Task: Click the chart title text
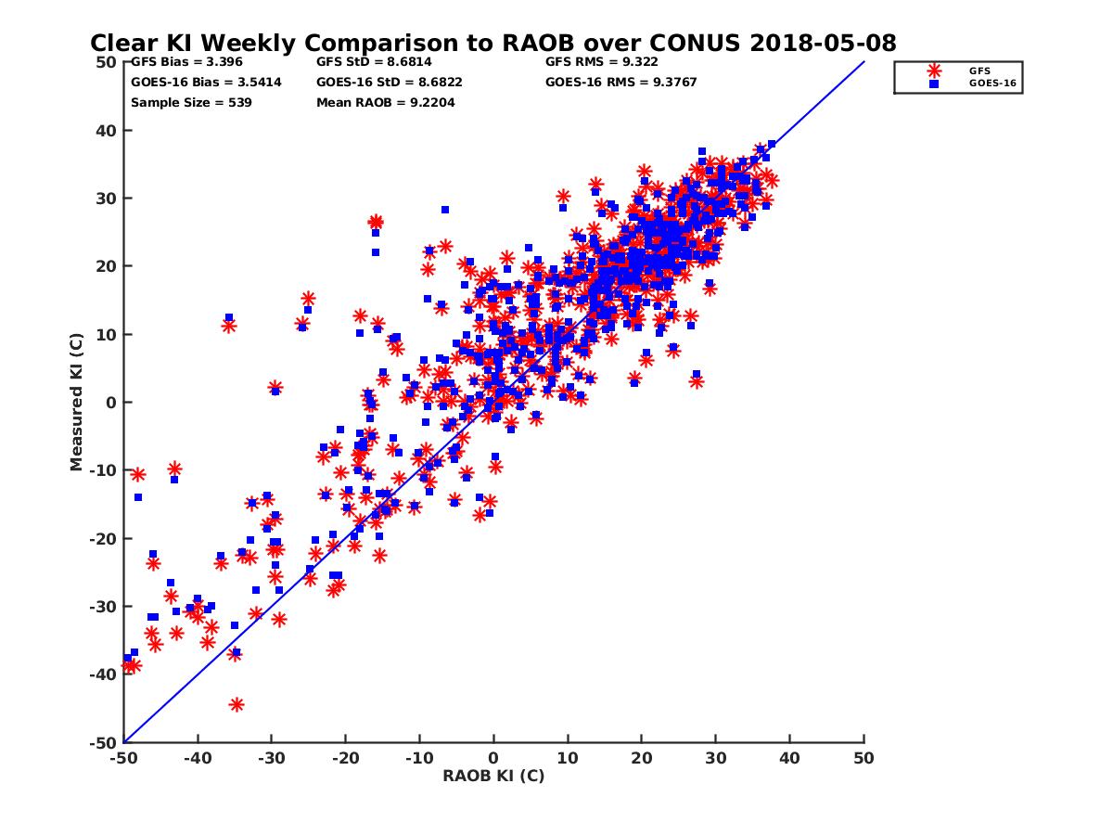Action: pyautogui.click(x=493, y=43)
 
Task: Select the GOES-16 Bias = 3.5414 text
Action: pyautogui.click(x=206, y=83)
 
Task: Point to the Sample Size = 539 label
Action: pyautogui.click(x=191, y=103)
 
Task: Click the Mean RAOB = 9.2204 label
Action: pyautogui.click(x=385, y=103)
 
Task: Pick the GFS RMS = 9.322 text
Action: pyautogui.click(x=602, y=63)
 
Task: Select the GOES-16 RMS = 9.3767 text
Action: pyautogui.click(x=620, y=83)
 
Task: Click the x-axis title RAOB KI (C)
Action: pyautogui.click(x=493, y=776)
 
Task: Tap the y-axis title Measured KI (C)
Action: pyautogui.click(x=76, y=402)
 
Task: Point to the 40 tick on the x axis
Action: pyautogui.click(x=790, y=758)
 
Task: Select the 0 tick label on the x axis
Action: pyautogui.click(x=493, y=758)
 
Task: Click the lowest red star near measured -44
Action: pyautogui.click(x=237, y=705)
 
